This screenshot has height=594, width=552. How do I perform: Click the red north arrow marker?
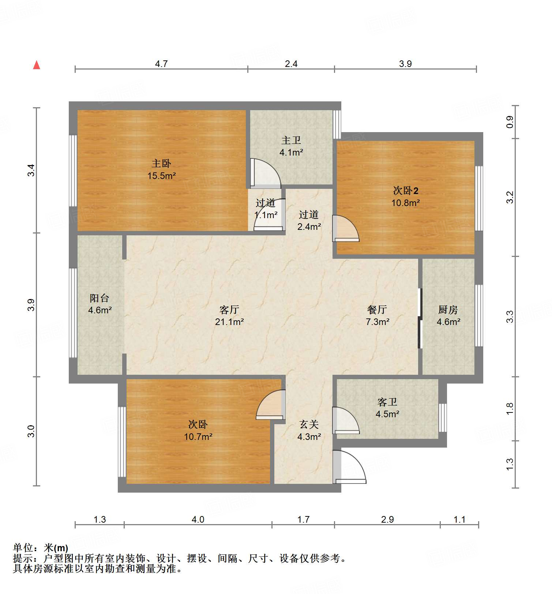click(37, 65)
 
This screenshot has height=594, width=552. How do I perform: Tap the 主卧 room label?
click(161, 163)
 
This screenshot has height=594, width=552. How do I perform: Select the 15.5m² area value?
click(161, 176)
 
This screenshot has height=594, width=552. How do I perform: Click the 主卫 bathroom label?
click(291, 140)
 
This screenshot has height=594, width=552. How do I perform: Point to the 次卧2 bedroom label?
click(406, 190)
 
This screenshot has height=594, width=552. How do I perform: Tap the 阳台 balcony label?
click(99, 298)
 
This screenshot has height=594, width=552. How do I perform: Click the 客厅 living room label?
click(229, 310)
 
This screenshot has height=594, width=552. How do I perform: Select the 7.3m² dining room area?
click(378, 322)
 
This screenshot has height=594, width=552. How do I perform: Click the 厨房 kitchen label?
click(448, 310)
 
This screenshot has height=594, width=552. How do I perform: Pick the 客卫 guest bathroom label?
click(387, 402)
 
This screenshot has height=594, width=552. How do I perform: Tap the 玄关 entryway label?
click(309, 424)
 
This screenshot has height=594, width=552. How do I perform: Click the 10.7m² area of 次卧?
click(198, 437)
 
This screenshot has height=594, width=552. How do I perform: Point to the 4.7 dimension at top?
click(161, 64)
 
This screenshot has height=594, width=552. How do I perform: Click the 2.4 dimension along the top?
click(291, 64)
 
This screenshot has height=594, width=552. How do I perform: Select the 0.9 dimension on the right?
click(510, 122)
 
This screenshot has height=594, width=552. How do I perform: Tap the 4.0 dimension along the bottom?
click(198, 519)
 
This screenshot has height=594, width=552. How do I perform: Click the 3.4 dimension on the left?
click(31, 171)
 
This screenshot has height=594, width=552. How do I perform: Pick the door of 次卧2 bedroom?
click(346, 229)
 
